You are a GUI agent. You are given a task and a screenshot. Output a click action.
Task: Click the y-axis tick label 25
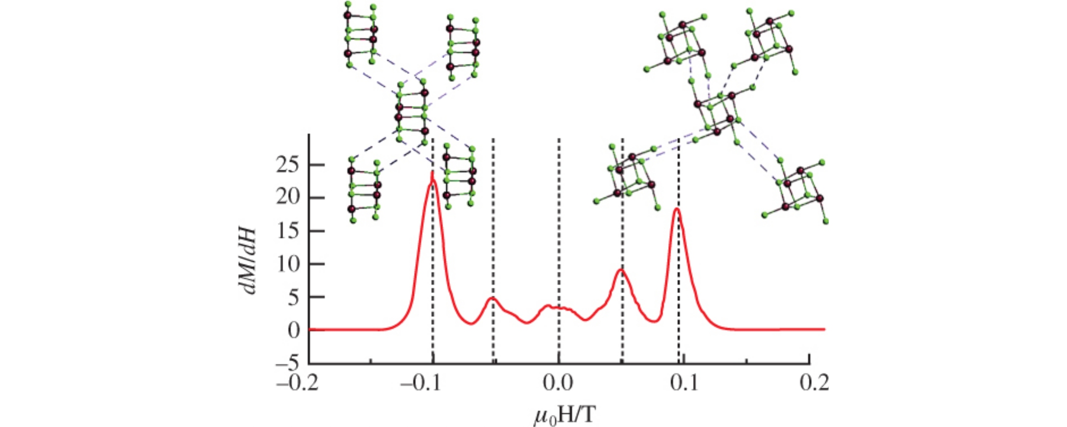[x=287, y=166]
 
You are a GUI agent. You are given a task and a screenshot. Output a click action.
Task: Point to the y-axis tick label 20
[x=287, y=198]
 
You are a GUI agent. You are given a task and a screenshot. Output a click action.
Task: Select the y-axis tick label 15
[x=287, y=231]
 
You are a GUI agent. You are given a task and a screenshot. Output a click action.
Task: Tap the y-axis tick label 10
[x=287, y=265]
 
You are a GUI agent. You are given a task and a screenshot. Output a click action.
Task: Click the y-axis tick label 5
[x=293, y=297]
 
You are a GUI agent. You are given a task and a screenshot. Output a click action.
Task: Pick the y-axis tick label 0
[x=293, y=331]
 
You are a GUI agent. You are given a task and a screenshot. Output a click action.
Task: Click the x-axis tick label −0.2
[x=297, y=384]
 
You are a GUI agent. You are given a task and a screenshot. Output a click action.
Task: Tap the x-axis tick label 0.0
[x=558, y=384]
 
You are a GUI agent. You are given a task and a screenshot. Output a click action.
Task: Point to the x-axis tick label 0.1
[x=683, y=384]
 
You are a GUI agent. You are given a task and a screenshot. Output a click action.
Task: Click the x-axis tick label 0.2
[x=814, y=384]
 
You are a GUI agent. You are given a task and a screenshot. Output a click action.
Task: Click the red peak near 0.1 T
[x=677, y=209]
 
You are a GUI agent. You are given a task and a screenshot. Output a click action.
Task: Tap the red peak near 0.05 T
[x=621, y=270]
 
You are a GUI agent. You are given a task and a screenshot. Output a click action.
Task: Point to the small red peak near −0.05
[x=492, y=298]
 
